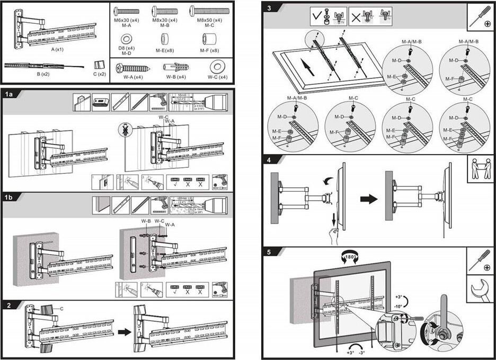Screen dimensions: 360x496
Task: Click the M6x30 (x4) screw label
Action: (126, 20)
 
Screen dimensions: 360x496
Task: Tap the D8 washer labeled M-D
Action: (127, 39)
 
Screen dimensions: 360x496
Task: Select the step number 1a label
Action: (8, 94)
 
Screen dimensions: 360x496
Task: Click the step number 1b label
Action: (8, 196)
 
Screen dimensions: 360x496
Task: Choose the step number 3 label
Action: (269, 8)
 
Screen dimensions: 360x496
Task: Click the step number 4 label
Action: (269, 159)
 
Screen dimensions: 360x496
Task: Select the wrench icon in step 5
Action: (481, 290)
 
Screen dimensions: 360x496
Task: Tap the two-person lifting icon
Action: (481, 169)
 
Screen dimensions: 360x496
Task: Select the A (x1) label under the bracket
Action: (57, 49)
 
